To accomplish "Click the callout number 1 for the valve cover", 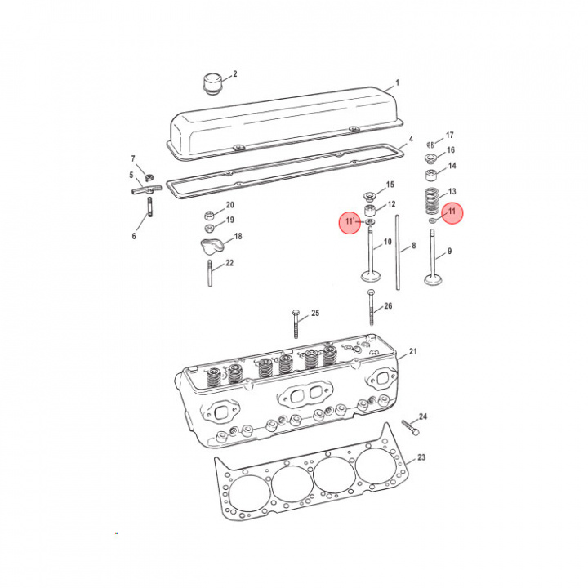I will point(397,83).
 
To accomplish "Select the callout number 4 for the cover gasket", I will point(411,139).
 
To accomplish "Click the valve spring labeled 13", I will point(431,198).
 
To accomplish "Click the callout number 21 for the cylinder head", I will point(412,352).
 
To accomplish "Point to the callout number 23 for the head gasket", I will point(421,457).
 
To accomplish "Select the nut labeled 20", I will point(210,216).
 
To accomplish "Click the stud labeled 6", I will point(150,216).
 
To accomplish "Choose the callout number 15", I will point(390,185).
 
